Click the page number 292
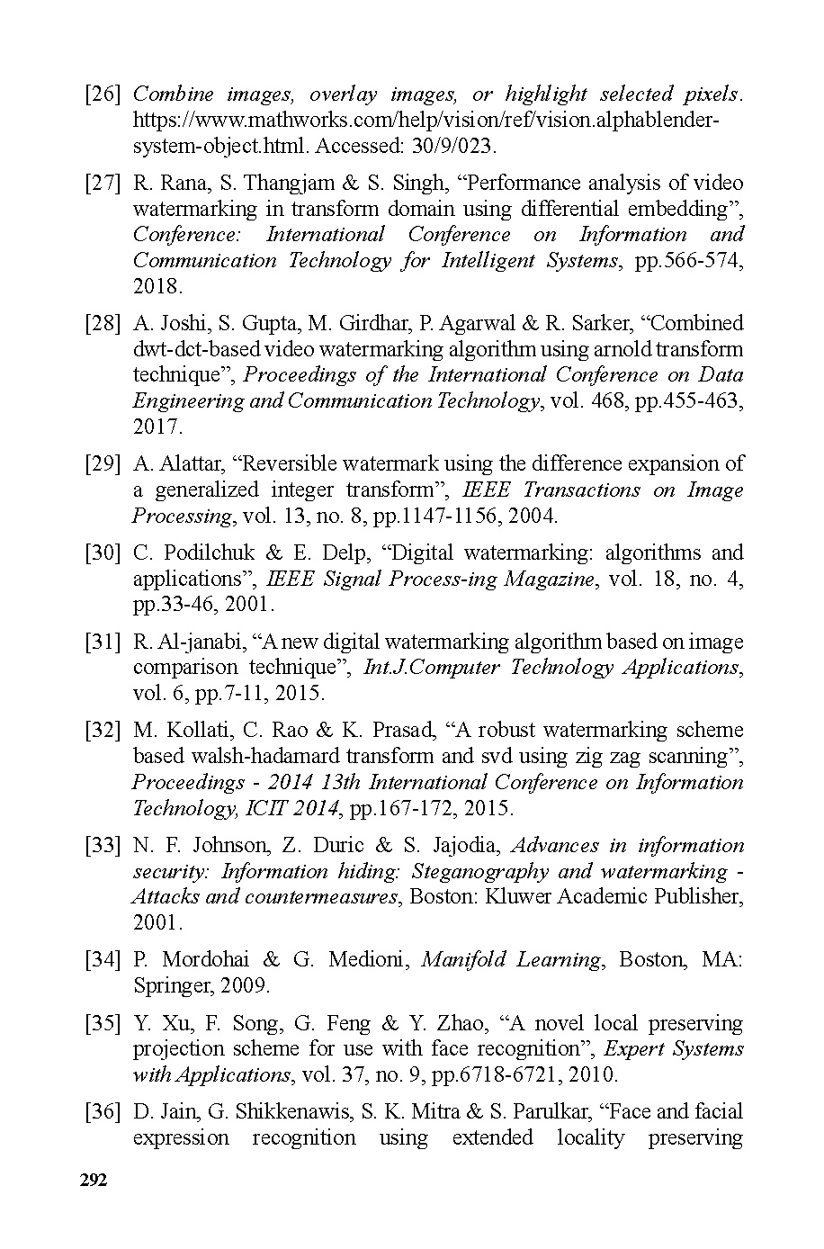[94, 1181]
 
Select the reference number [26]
[103, 94]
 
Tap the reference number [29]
[103, 464]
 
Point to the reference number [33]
[103, 846]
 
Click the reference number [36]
[103, 1112]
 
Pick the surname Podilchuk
[210, 553]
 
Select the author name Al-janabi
[200, 642]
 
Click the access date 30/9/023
[459, 146]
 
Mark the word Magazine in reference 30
[549, 579]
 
